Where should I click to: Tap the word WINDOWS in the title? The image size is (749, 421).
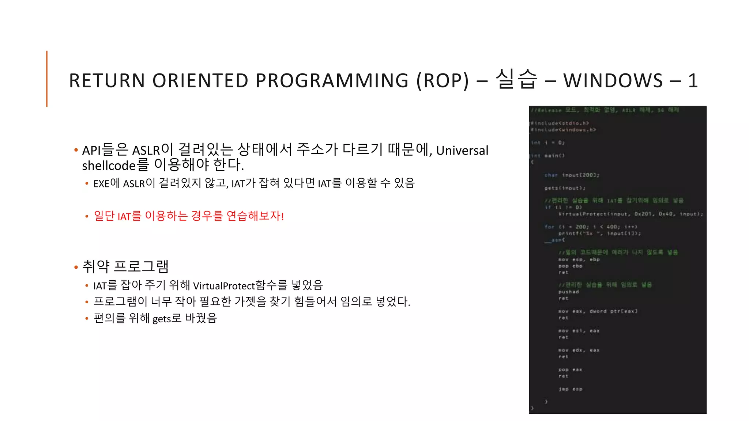tap(613, 81)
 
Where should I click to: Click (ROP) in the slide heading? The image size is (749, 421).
tap(443, 81)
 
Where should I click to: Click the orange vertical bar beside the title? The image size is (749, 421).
tap(47, 79)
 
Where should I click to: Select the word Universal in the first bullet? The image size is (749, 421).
tap(462, 150)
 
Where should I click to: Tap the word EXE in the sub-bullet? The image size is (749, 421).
tap(101, 183)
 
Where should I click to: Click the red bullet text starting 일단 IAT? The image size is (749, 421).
tap(189, 216)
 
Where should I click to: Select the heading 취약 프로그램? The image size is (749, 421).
tap(125, 266)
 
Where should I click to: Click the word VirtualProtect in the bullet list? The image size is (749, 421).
tap(223, 285)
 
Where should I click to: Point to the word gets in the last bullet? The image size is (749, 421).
tap(162, 319)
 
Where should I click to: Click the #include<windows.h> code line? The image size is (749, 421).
tap(564, 130)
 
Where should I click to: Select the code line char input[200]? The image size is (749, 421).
tap(572, 175)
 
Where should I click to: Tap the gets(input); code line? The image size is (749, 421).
tap(565, 188)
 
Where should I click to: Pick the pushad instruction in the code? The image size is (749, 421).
tap(568, 292)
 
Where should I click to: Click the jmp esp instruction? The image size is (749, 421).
tap(570, 389)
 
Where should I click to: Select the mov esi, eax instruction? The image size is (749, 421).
tap(579, 331)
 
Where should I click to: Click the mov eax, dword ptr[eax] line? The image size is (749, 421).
tap(598, 311)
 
